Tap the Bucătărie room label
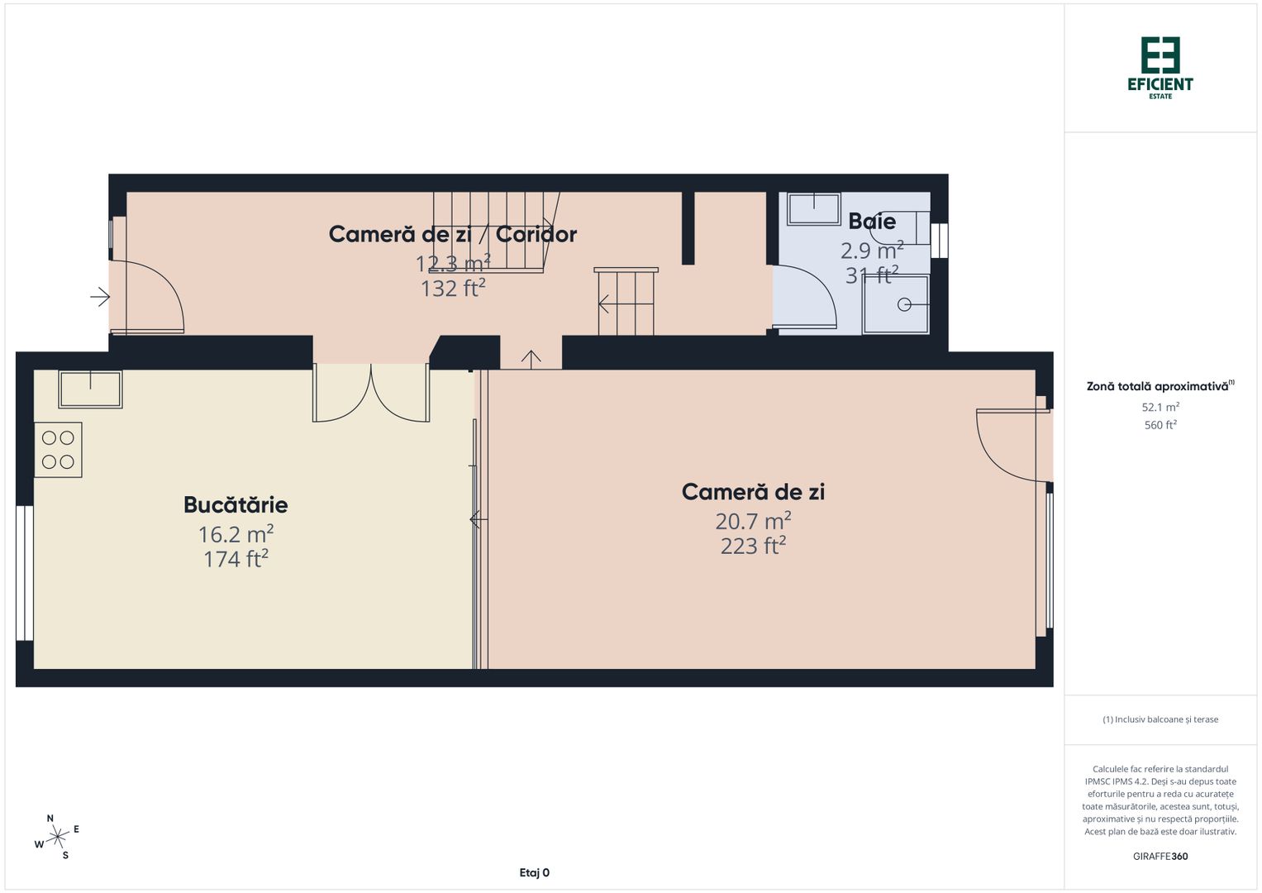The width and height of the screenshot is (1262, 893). pos(236,504)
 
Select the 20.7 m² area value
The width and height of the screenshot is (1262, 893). pos(753,521)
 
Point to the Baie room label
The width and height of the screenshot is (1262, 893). pos(872,221)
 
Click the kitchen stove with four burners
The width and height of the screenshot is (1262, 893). pos(58,450)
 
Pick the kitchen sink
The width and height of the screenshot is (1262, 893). pos(90,389)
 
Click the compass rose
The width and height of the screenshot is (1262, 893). pos(57,837)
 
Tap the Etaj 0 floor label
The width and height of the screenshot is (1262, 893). pos(534,872)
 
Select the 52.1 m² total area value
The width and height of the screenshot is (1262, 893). pos(1160,407)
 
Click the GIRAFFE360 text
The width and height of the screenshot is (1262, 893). pos(1160,856)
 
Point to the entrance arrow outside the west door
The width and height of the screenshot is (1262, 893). pos(100,296)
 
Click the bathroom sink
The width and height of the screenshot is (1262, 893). pos(813,208)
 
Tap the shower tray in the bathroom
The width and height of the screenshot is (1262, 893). pos(897,304)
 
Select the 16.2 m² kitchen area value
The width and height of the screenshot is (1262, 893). pos(236,534)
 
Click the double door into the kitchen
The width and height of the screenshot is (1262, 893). pos(371,393)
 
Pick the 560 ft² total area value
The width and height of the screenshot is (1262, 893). pos(1160,425)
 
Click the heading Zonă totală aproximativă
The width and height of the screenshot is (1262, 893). pos(1157,386)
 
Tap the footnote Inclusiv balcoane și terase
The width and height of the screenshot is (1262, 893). pos(1160,719)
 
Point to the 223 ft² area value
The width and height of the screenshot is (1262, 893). pos(753,546)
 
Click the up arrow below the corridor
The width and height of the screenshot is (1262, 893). pos(531,358)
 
